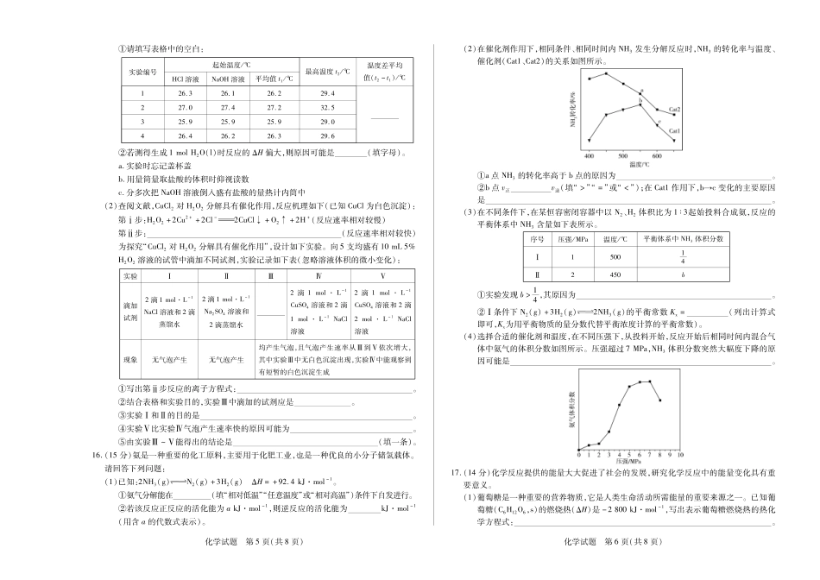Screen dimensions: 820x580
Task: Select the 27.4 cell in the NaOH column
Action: pos(228,108)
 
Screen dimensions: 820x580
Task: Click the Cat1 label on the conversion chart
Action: pos(673,131)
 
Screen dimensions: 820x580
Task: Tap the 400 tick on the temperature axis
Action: pos(589,155)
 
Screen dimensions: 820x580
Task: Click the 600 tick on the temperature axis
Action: pos(658,155)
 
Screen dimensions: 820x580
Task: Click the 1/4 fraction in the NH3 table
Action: pos(683,256)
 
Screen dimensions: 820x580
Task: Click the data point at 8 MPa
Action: pos(660,400)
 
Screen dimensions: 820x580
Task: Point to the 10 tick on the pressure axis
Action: pos(681,452)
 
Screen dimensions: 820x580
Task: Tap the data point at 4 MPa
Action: pos(620,404)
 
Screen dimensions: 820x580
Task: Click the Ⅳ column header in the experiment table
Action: pos(319,275)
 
